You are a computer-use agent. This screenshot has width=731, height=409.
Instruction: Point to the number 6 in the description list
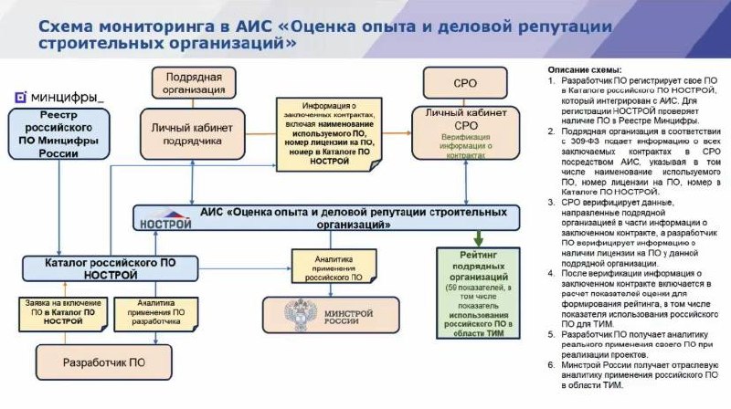[551, 365]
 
